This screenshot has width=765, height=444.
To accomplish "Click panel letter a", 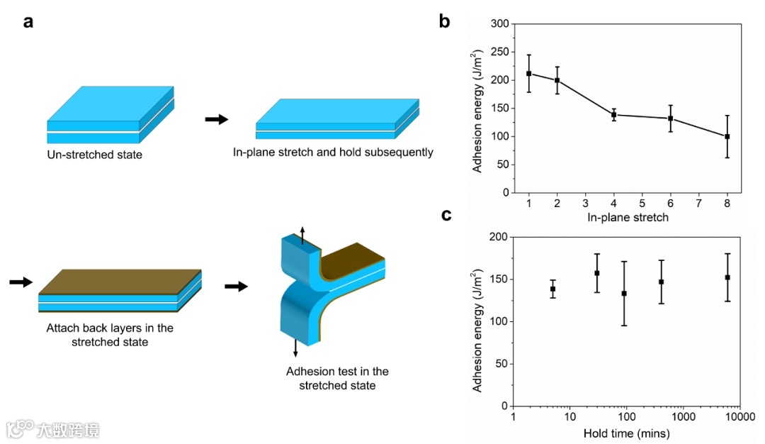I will pyautogui.click(x=28, y=21).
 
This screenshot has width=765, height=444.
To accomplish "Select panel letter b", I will pyautogui.click(x=444, y=21).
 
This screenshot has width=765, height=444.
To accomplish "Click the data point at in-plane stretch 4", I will pyautogui.click(x=614, y=114).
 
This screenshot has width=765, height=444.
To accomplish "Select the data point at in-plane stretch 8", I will pyautogui.click(x=727, y=136).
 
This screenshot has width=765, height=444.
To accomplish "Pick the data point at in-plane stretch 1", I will pyautogui.click(x=529, y=73).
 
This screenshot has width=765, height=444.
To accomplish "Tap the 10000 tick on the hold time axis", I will pyautogui.click(x=738, y=416).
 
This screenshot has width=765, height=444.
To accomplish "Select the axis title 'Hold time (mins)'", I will pyautogui.click(x=626, y=433).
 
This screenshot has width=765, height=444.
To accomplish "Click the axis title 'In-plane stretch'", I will pyautogui.click(x=628, y=218).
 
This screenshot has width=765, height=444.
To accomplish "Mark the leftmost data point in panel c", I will pyautogui.click(x=552, y=289).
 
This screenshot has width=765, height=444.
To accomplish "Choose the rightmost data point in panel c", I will pyautogui.click(x=727, y=277).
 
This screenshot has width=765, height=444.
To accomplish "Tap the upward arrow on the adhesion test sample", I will pyautogui.click(x=302, y=233).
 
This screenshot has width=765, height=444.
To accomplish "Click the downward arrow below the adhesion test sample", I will pyautogui.click(x=295, y=349).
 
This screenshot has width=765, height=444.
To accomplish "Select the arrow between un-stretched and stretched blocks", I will pyautogui.click(x=217, y=119).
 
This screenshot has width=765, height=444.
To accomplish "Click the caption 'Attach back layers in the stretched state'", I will pyautogui.click(x=110, y=335).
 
